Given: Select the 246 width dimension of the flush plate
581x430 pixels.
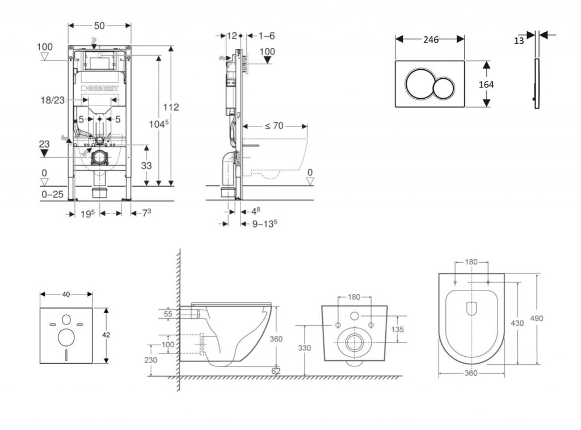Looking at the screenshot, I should tap(430, 39).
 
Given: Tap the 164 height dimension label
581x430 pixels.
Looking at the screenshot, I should tap(486, 85).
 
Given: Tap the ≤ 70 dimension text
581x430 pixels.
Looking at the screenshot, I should tap(274, 126).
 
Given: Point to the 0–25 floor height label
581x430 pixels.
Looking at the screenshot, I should tap(52, 195).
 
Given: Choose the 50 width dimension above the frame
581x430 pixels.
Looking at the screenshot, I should tap(99, 26).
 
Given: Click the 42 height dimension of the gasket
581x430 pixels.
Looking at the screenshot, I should tap(106, 335).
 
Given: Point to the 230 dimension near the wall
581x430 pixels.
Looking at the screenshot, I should tap(151, 360).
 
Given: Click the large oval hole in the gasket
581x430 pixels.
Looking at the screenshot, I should tap(66, 337).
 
